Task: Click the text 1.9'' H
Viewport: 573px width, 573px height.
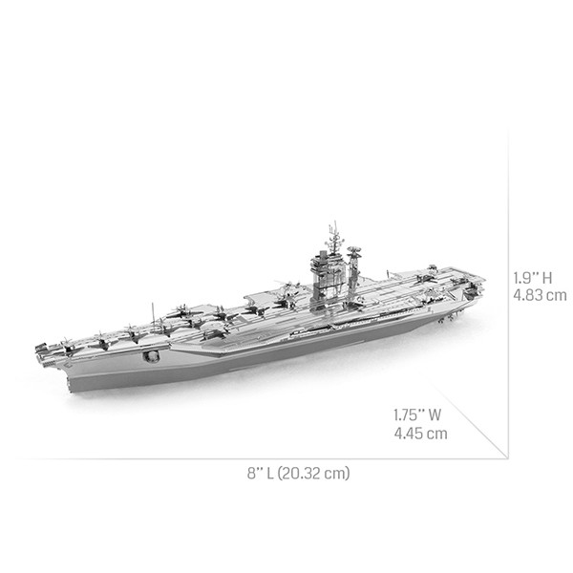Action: click(532, 277)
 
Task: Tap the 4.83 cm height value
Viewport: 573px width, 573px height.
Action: click(540, 295)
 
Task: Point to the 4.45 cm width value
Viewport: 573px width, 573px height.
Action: click(421, 434)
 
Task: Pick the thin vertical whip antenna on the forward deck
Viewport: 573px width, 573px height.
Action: click(150, 309)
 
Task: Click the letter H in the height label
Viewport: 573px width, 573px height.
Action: click(547, 277)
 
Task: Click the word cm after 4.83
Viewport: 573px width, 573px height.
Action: click(556, 295)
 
